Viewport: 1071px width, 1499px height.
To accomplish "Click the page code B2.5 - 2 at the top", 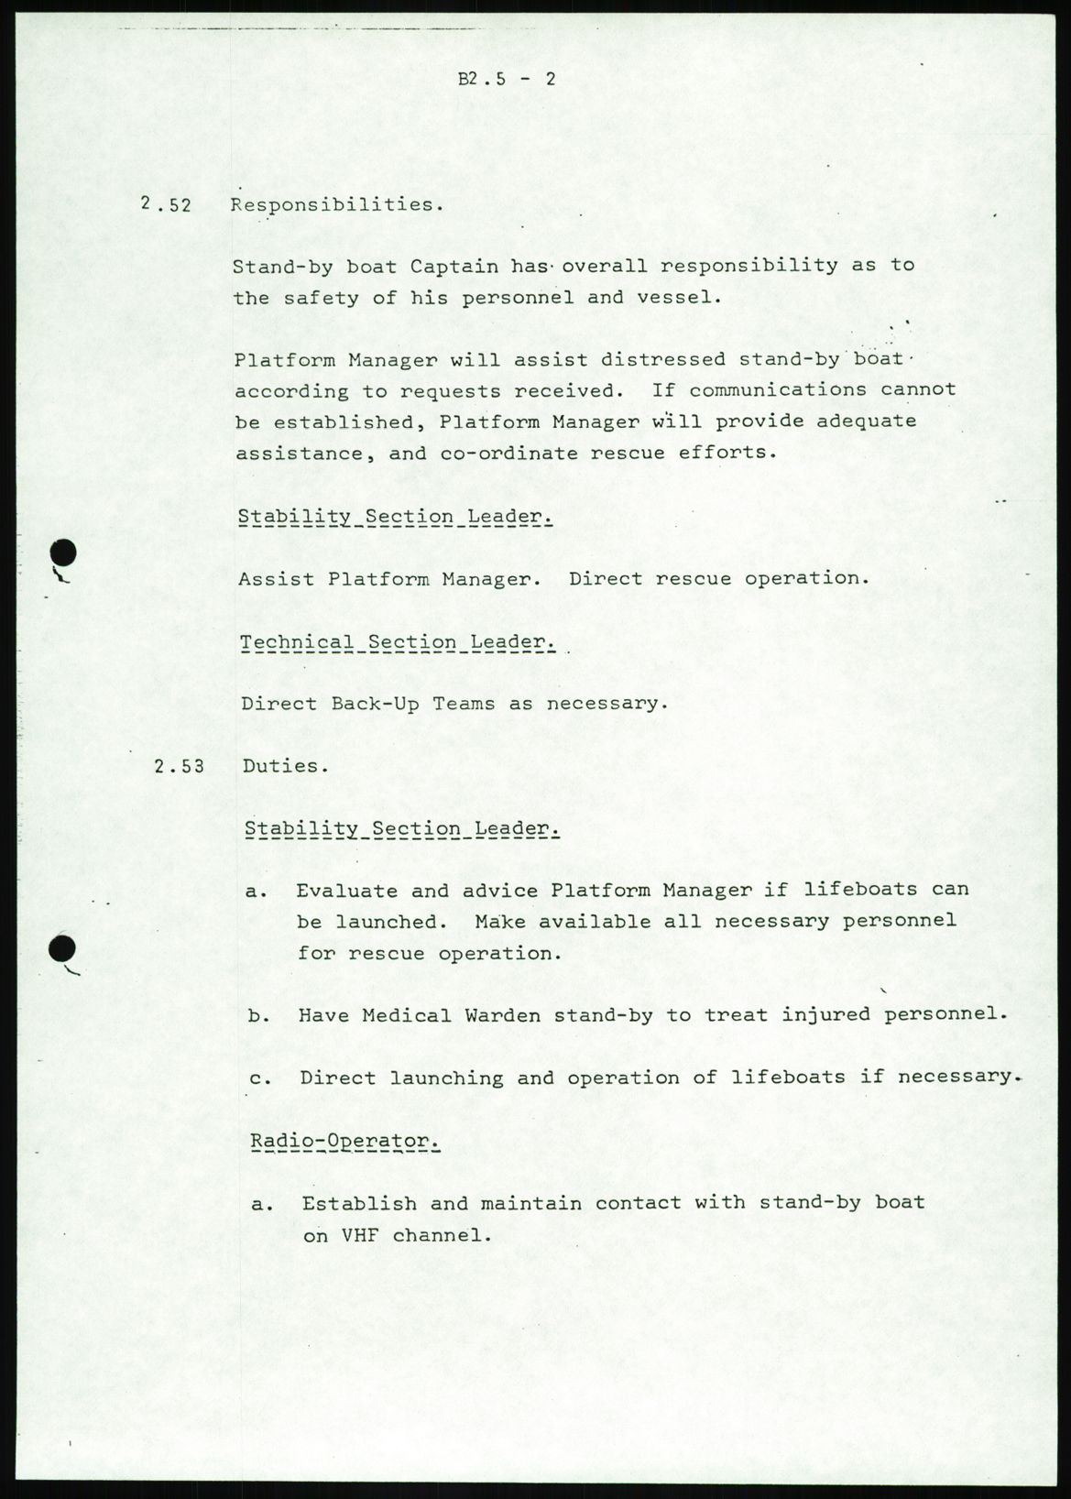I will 507,79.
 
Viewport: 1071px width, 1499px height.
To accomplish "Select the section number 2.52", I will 166,204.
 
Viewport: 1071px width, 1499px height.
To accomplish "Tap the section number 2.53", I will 180,766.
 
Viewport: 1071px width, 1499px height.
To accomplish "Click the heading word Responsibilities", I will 336,204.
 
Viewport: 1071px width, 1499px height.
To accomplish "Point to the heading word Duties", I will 285,766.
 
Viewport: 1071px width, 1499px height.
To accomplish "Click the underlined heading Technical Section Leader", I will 398,642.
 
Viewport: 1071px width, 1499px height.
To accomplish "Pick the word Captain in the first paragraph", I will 454,267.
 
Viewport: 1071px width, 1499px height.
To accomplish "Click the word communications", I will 778,389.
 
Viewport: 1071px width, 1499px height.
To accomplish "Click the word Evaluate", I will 346,891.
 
